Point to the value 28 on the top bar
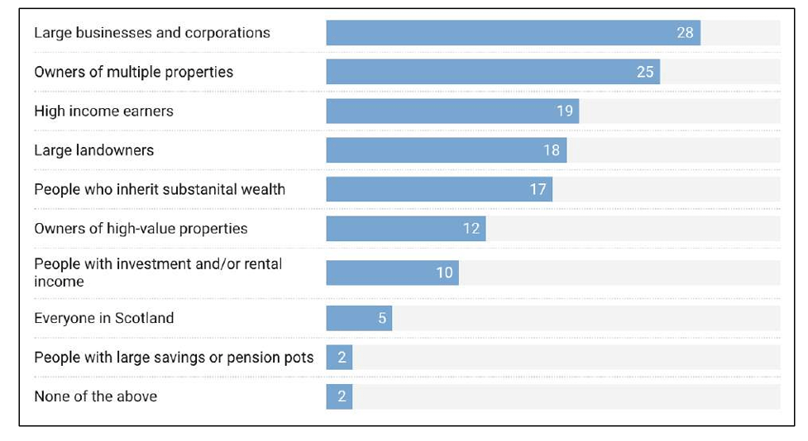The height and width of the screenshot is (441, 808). pos(685,33)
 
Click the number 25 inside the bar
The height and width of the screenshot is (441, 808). pos(645,72)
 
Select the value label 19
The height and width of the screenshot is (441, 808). pos(565,111)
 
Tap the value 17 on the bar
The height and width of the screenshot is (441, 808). pos(538,189)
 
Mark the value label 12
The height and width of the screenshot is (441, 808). pos(471,229)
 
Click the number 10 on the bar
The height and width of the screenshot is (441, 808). pos(445,273)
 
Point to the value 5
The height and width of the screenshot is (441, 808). pos(382,318)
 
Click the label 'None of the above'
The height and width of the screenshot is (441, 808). pos(95,396)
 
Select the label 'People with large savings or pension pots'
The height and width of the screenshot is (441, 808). pos(174,358)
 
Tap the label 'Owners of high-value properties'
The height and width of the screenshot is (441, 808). pos(141,229)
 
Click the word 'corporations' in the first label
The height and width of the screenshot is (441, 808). pos(229,33)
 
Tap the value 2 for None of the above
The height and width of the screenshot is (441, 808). pos(342,396)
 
